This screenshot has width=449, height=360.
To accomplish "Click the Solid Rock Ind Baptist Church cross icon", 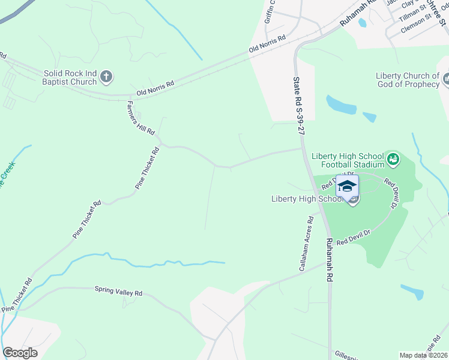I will [106, 76].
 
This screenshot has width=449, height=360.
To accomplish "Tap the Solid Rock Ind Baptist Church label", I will [70, 77].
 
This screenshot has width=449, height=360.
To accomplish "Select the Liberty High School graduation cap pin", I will [347, 186].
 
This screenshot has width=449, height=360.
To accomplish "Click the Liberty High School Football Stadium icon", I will [393, 159].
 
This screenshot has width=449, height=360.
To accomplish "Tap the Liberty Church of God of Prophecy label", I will [408, 80].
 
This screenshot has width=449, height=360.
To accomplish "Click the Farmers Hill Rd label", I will [141, 118].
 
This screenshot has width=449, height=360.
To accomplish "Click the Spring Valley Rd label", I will [118, 293].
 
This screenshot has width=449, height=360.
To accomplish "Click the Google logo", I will [20, 353].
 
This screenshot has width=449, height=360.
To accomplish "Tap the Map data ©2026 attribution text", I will [423, 355].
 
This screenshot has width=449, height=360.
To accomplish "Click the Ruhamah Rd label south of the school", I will [329, 260].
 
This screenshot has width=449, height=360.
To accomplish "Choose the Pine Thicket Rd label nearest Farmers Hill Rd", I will [148, 169].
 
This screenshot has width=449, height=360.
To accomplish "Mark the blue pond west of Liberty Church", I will [341, 106].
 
